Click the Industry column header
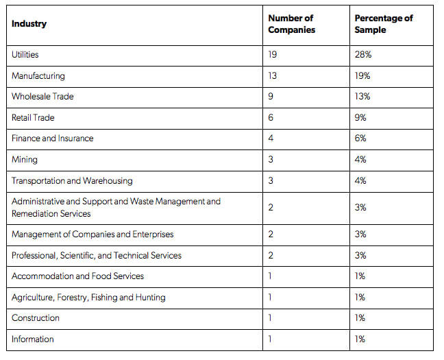(29, 24)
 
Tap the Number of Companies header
(292, 24)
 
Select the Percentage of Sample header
(384, 24)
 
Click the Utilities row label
(25, 54)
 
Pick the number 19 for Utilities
(273, 54)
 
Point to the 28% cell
(363, 54)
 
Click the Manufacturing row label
(38, 76)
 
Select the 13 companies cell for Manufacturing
(273, 75)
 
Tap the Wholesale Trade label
(42, 97)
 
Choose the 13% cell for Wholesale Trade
(362, 97)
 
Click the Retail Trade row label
(33, 118)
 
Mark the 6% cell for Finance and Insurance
(360, 139)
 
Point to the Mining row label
(25, 160)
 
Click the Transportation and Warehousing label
(72, 181)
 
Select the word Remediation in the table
(31, 214)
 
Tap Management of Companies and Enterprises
(92, 235)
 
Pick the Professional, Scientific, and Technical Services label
(97, 255)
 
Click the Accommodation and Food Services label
(77, 276)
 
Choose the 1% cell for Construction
(360, 317)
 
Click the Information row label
(33, 339)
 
